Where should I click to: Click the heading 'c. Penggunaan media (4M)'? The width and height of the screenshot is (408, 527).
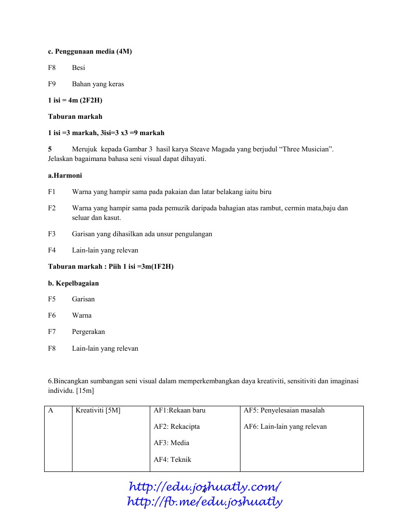pyautogui.click(x=90, y=51)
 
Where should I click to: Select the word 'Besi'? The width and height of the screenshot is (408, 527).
pyautogui.click(x=78, y=68)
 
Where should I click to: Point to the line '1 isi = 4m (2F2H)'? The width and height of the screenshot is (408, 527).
pyautogui.click(x=75, y=100)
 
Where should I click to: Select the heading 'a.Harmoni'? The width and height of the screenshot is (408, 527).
pyautogui.click(x=65, y=175)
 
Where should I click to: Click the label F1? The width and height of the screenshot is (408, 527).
pyautogui.click(x=52, y=192)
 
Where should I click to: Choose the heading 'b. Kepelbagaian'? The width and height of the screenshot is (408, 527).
pyautogui.click(x=73, y=283)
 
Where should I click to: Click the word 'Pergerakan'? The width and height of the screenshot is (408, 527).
pyautogui.click(x=88, y=332)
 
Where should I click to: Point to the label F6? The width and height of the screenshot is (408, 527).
pyautogui.click(x=52, y=315)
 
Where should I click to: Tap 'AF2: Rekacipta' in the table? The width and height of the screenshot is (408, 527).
pyautogui.click(x=177, y=426)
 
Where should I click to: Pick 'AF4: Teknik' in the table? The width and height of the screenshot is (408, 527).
pyautogui.click(x=172, y=459)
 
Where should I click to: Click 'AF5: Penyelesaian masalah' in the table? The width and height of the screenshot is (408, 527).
pyautogui.click(x=284, y=410)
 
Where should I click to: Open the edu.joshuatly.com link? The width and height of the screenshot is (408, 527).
pyautogui.click(x=204, y=487)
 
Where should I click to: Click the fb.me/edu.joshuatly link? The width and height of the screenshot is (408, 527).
pyautogui.click(x=204, y=502)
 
